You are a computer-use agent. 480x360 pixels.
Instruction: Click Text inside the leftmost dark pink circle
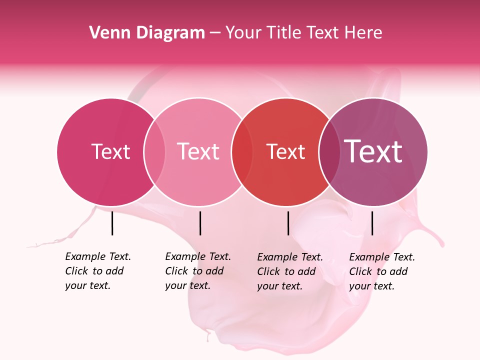[110, 151]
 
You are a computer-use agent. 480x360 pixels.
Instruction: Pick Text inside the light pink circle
[198, 151]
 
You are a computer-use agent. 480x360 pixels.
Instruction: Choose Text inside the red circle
[286, 151]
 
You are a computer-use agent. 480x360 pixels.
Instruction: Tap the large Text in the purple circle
[373, 151]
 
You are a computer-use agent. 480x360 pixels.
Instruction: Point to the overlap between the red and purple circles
[328, 152]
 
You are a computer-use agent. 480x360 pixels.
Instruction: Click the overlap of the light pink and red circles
[242, 152]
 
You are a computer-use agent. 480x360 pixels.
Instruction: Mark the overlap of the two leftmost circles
[154, 152]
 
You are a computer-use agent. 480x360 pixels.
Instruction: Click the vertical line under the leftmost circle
[112, 223]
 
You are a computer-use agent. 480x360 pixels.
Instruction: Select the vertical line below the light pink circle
[200, 223]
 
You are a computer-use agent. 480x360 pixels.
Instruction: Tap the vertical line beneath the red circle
[288, 223]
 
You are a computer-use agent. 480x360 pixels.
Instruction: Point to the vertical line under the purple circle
[372, 223]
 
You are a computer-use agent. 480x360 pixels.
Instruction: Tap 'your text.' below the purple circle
[372, 286]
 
